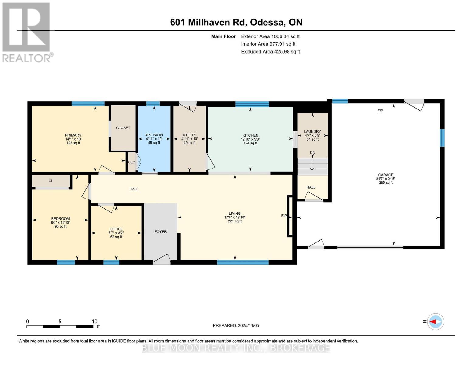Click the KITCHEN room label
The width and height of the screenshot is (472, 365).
pyautogui.click(x=250, y=135)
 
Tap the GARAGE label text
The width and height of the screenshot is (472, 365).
pyautogui.click(x=385, y=175)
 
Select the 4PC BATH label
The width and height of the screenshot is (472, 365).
pyautogui.click(x=154, y=135)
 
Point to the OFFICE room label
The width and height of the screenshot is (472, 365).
pyautogui.click(x=116, y=229)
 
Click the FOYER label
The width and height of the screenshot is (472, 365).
pyautogui.click(x=160, y=232)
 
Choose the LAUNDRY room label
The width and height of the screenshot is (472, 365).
pyautogui.click(x=312, y=132)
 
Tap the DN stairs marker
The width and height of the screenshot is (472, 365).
pyautogui.click(x=312, y=153)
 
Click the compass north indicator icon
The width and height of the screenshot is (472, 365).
pyautogui.click(x=436, y=322)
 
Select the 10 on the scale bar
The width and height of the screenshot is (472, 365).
pyautogui.click(x=95, y=322)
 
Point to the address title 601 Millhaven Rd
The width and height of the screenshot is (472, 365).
pyautogui.click(x=236, y=22)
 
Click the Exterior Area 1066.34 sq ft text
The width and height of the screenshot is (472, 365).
pyautogui.click(x=270, y=36)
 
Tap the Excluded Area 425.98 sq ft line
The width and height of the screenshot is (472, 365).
pyautogui.click(x=270, y=52)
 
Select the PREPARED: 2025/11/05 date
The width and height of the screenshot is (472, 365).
pyautogui.click(x=236, y=325)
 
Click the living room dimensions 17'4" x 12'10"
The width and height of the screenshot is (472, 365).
pyautogui.click(x=235, y=217)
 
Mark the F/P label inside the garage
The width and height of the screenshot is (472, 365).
pyautogui.click(x=380, y=111)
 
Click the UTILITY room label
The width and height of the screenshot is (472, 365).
pyautogui.click(x=189, y=135)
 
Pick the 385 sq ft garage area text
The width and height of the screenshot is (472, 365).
pyautogui.click(x=385, y=183)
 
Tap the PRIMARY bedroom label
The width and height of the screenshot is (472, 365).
pyautogui.click(x=73, y=135)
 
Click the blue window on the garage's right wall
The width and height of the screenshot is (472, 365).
pyautogui.click(x=442, y=138)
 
